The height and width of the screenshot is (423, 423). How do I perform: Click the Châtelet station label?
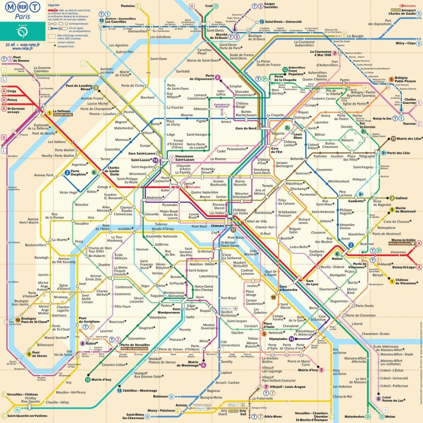[217, 225]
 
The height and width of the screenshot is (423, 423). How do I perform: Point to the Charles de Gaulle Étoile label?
[113, 171]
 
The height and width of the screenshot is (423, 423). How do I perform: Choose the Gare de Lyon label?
[312, 283]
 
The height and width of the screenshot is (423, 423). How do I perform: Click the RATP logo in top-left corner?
[22, 32]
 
